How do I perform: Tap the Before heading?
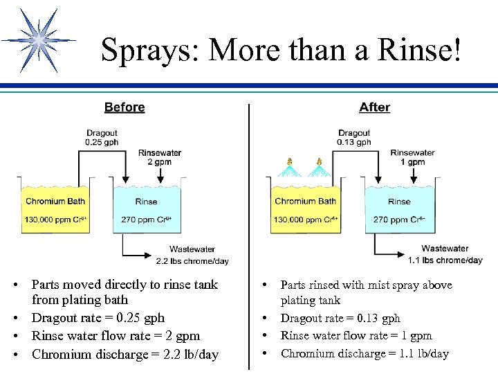pyautogui.click(x=124, y=107)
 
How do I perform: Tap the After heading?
pyautogui.click(x=374, y=107)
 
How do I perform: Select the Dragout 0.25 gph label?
pyautogui.click(x=102, y=138)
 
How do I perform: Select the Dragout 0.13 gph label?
pyautogui.click(x=354, y=138)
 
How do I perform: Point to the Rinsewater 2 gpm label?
pyautogui.click(x=160, y=157)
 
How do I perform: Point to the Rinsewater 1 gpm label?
pyautogui.click(x=412, y=157)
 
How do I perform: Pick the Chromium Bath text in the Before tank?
pyautogui.click(x=55, y=202)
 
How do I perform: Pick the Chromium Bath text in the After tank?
pyautogui.click(x=305, y=202)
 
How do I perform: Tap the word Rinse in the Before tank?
pyautogui.click(x=146, y=202)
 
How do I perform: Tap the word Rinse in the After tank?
pyautogui.click(x=399, y=202)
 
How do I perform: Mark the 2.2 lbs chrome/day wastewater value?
pyautogui.click(x=192, y=261)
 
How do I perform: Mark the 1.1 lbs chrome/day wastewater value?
pyautogui.click(x=445, y=260)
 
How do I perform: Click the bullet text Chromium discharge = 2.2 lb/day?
pyautogui.click(x=125, y=355)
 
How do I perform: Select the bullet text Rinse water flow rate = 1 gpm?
pyautogui.click(x=356, y=336)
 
